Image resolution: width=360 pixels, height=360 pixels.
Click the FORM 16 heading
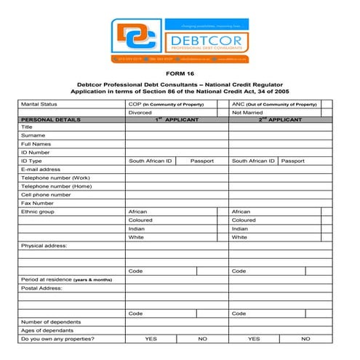coord(179,75)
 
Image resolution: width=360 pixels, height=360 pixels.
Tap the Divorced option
coord(140,113)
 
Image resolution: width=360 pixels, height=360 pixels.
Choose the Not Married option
coord(247,113)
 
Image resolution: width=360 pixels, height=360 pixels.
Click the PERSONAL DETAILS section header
coord(51,119)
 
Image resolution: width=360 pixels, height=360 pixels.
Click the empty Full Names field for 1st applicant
coord(176,143)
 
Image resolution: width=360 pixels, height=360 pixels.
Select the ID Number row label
coord(36,152)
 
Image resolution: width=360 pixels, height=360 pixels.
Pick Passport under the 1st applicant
coord(202,161)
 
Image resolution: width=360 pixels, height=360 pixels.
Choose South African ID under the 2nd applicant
coord(253,161)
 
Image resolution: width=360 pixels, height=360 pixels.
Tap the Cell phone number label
coord(46,195)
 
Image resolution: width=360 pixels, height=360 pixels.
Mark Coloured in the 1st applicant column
coord(140,220)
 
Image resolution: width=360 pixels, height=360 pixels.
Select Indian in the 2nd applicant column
coord(239,228)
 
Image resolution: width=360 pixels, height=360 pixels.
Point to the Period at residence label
coord(66,280)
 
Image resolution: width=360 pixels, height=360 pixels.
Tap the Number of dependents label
coord(51,321)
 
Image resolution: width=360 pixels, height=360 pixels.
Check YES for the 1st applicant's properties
coord(151,339)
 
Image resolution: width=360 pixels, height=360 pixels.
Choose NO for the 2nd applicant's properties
coord(305,339)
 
